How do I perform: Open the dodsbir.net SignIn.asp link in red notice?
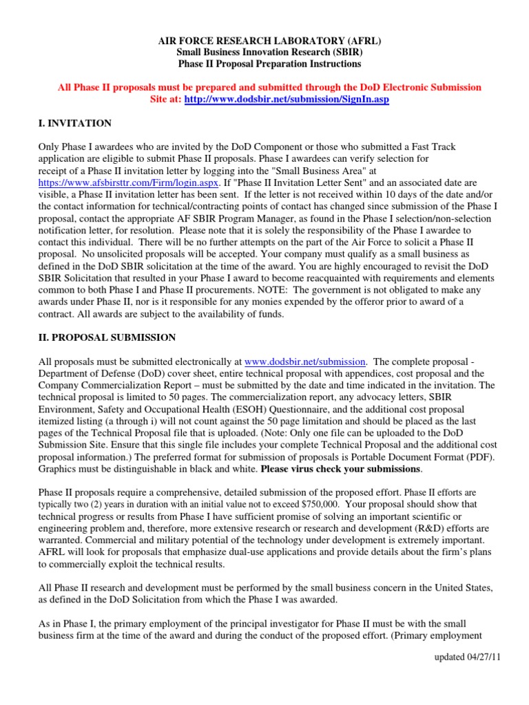[281, 99]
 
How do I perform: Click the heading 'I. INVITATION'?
[74, 123]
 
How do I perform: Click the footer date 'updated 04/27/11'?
[466, 658]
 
